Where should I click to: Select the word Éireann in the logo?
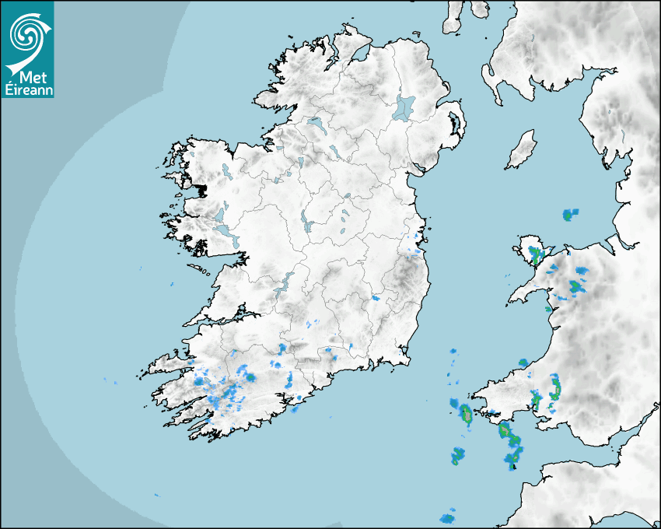tap(27, 90)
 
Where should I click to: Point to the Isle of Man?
tap(522, 150)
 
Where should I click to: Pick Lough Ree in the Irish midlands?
tap(308, 226)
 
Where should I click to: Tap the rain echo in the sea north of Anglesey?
tap(571, 213)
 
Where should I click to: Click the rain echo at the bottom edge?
tap(447, 517)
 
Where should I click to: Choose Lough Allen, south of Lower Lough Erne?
tap(299, 163)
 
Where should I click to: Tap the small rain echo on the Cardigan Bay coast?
tap(547, 309)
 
